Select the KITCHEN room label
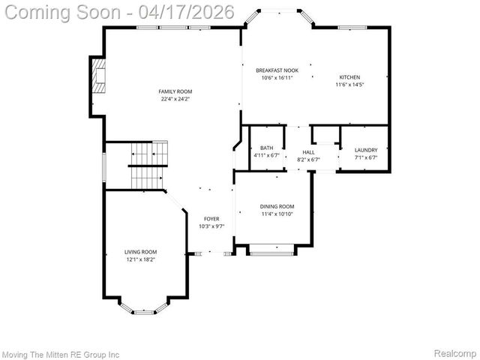coord(349,77)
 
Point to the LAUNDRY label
coord(365,151)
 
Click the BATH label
coord(266,148)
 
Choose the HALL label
coord(308,152)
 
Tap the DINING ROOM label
coord(277,206)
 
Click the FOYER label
coord(211,219)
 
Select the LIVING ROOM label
coord(140,252)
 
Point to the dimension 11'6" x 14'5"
coord(349,85)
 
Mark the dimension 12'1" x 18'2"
coord(140,259)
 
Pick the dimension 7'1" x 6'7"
coord(365,158)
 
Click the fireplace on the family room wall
coord(98,76)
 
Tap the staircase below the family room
coord(147,166)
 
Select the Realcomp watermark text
coord(454,352)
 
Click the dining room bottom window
coord(271,253)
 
